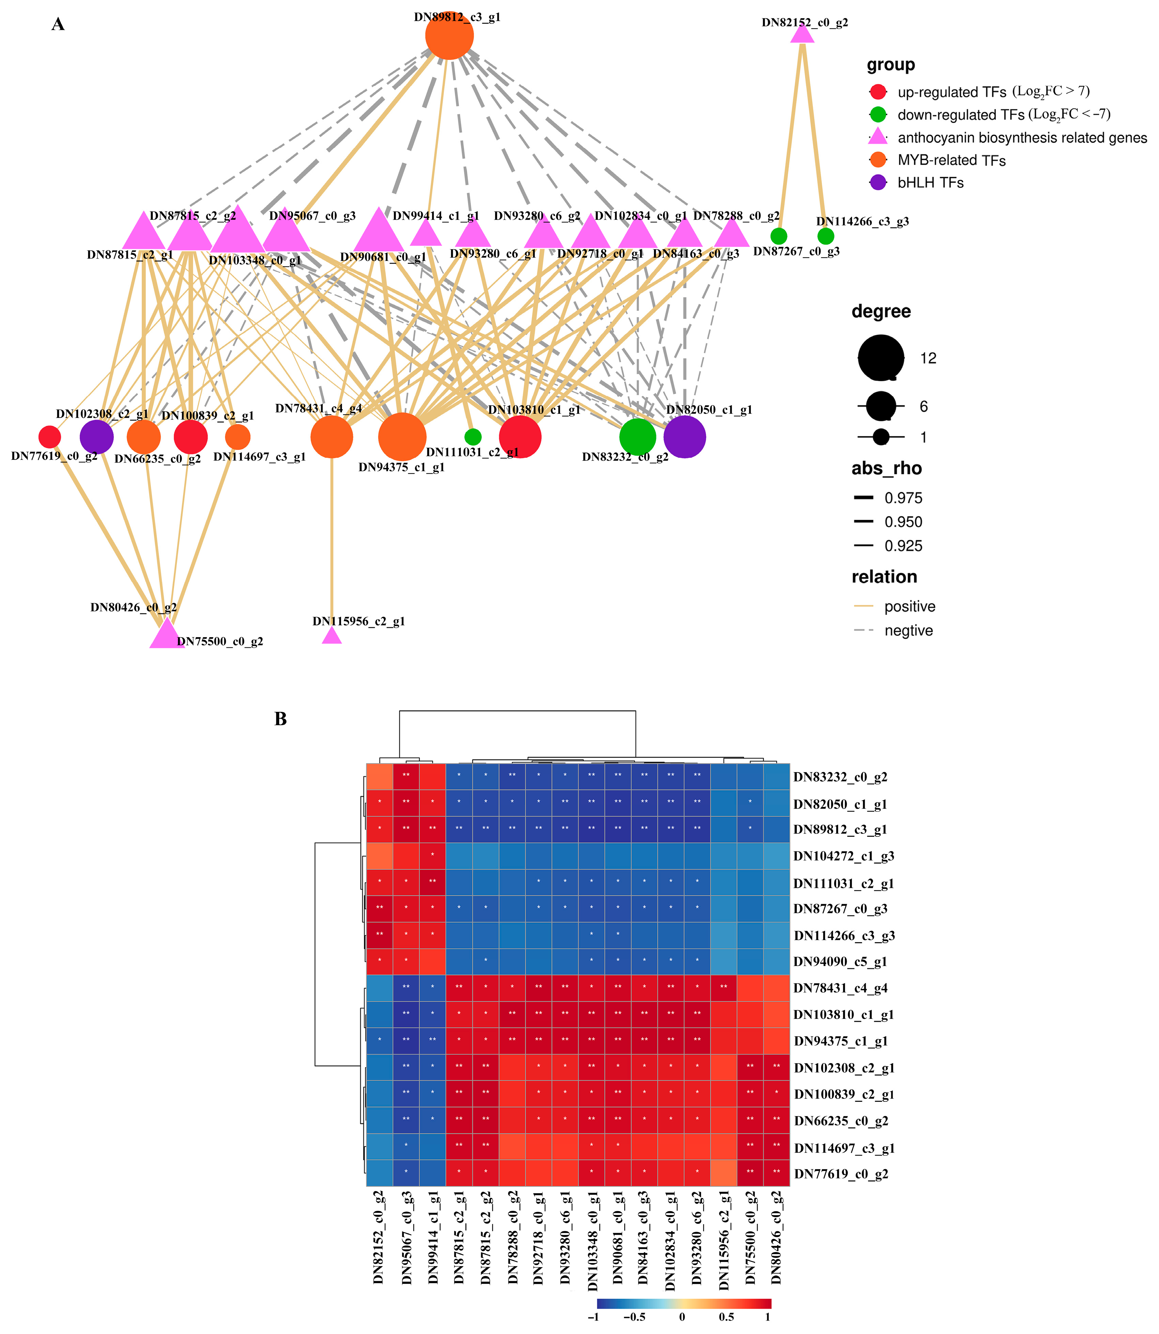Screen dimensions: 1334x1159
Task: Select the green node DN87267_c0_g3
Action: pyautogui.click(x=779, y=236)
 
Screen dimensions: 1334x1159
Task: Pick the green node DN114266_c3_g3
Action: pyautogui.click(x=825, y=236)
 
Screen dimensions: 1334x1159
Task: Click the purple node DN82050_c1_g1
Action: pyautogui.click(x=684, y=437)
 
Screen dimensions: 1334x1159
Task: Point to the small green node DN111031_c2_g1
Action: pyautogui.click(x=473, y=437)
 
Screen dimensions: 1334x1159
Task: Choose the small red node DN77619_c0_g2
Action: pyautogui.click(x=50, y=437)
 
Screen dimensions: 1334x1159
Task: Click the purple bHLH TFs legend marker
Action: pyautogui.click(x=878, y=182)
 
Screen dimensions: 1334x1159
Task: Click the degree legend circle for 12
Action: pyautogui.click(x=881, y=358)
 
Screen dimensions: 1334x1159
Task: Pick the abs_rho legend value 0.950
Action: pyautogui.click(x=903, y=522)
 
